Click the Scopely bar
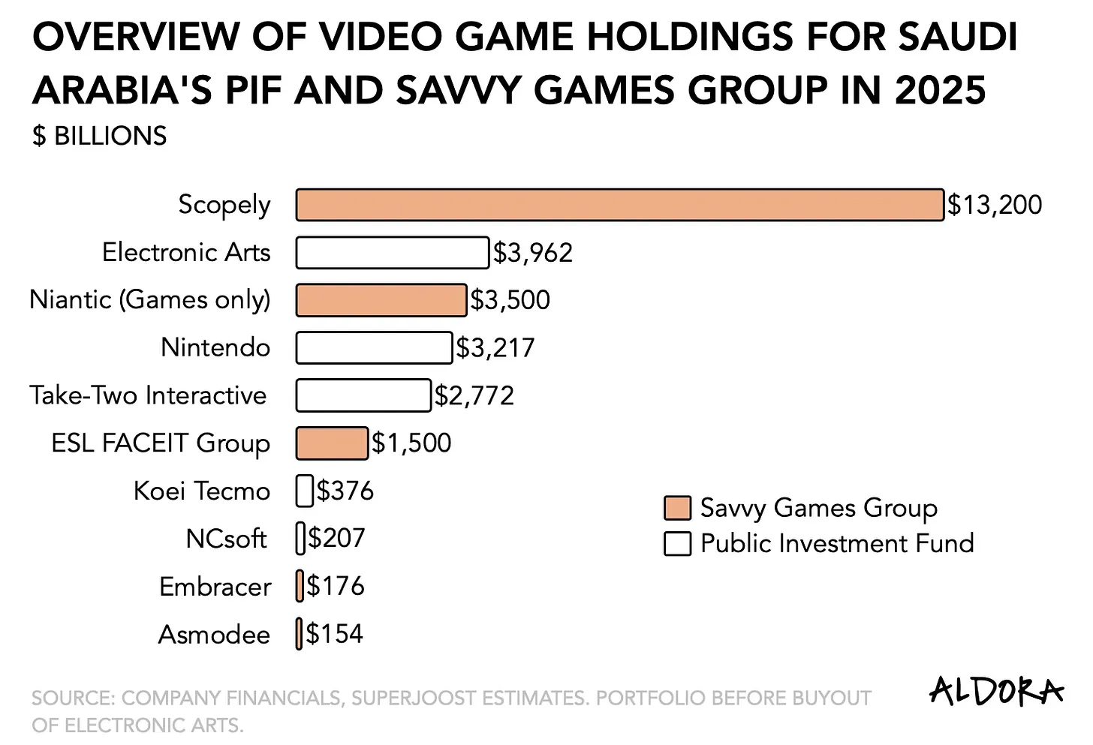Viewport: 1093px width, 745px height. (619, 205)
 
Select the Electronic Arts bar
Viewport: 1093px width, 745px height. (392, 253)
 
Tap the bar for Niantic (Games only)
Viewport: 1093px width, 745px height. (381, 300)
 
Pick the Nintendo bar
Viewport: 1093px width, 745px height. (374, 348)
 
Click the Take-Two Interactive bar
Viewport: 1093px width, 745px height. (363, 395)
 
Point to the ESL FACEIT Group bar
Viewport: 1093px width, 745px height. (332, 443)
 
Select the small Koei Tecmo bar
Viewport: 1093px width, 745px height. (305, 491)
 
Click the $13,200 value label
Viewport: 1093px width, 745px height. (994, 205)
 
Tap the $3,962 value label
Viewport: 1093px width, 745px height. (532, 253)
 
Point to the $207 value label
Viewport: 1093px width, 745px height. (336, 538)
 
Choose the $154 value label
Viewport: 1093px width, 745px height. (334, 634)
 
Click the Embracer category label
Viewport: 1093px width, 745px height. (215, 587)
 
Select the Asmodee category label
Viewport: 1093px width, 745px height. (214, 635)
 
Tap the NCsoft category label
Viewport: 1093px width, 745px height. (226, 539)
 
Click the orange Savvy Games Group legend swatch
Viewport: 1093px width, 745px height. (677, 508)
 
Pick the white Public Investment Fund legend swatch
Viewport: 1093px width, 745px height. (677, 543)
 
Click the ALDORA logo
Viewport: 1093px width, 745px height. (996, 691)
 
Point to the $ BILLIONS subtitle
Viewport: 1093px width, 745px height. (99, 136)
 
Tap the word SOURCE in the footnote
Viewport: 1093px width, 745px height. (71, 698)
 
